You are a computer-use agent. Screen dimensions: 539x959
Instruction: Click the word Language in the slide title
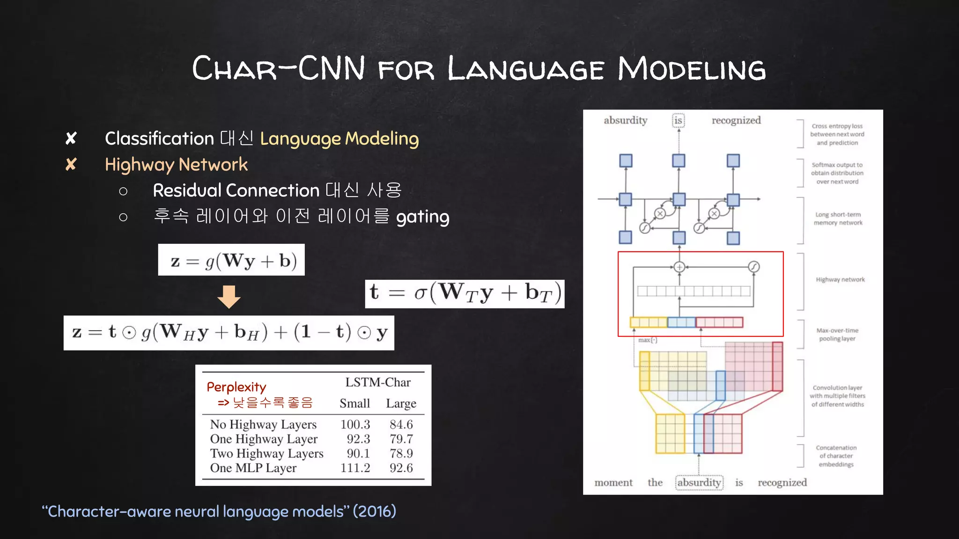coord(525,69)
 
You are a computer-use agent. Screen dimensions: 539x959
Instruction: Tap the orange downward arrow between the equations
coord(229,297)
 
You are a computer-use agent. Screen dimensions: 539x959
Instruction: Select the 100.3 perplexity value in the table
coord(355,424)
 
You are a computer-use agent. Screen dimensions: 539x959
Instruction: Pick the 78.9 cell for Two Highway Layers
coord(401,453)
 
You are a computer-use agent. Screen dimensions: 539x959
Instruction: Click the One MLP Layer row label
coord(253,468)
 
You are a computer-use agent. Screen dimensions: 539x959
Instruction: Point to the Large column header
coord(401,403)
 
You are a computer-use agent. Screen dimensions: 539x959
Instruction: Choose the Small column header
coord(354,403)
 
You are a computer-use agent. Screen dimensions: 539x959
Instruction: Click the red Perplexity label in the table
coord(236,387)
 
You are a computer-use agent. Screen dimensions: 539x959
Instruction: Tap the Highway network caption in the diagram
coord(840,280)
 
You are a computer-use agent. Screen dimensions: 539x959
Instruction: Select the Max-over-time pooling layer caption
coord(837,335)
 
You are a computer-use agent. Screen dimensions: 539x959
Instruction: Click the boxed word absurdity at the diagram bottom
coord(699,482)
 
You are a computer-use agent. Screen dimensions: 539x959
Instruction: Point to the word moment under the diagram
coord(613,482)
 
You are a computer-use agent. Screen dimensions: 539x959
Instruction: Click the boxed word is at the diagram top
coord(678,121)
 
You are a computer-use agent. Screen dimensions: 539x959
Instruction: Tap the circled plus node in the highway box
coord(679,267)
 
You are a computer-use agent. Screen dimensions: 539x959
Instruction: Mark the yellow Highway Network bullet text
coord(176,165)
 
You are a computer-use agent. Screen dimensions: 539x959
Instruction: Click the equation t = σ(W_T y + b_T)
coord(465,293)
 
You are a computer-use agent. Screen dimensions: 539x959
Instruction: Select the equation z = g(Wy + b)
coord(231,260)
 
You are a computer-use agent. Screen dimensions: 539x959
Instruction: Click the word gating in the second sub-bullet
coord(422,217)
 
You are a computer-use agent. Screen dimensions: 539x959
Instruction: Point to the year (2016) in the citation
coord(374,511)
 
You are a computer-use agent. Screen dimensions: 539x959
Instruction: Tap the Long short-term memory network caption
coord(838,219)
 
